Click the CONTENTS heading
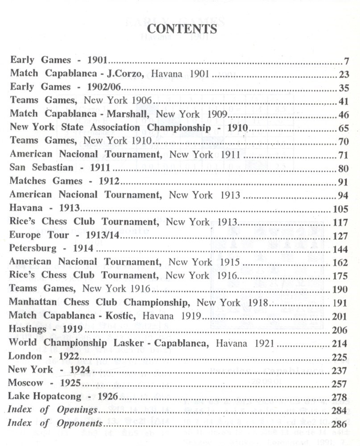point(182,29)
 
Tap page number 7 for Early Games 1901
point(346,61)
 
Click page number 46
point(343,115)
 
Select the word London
point(25,356)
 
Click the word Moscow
point(26,383)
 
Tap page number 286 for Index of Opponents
point(341,423)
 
